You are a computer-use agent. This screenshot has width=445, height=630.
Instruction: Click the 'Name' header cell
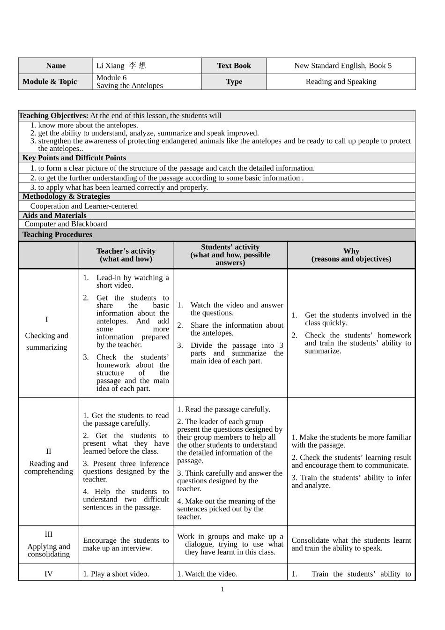(x=56, y=66)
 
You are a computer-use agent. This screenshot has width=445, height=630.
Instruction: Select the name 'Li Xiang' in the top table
(x=111, y=66)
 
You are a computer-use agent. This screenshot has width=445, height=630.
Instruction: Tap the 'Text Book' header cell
(x=234, y=66)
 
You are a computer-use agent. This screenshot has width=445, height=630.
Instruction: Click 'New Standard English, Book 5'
(x=342, y=66)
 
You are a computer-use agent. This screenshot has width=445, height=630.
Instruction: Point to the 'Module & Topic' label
(x=50, y=82)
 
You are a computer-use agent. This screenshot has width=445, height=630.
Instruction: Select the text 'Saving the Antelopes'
(x=130, y=86)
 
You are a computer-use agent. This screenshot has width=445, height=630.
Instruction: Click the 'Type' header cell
(x=234, y=82)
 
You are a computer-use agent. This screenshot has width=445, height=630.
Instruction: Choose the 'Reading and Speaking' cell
(x=341, y=82)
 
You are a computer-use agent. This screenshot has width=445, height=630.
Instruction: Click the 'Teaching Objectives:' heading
(x=53, y=116)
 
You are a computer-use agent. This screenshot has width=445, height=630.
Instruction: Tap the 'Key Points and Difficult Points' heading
(x=74, y=158)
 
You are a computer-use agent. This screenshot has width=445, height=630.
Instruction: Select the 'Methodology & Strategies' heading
(x=66, y=196)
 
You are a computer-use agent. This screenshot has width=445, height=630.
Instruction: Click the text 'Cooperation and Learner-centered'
(x=84, y=206)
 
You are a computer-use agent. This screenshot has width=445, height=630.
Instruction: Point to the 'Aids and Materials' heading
(x=54, y=216)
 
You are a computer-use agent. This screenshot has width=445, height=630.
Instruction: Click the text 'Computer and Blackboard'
(x=66, y=224)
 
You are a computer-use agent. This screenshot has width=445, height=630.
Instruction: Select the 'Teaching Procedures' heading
(x=57, y=234)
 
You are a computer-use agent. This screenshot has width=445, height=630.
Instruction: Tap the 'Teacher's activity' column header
(x=126, y=255)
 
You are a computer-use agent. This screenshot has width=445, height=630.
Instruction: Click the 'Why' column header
(x=351, y=255)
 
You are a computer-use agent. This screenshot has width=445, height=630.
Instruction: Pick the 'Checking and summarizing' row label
(x=47, y=341)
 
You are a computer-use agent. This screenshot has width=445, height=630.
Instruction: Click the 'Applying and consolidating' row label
(x=49, y=550)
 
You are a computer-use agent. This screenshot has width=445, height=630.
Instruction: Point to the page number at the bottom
(x=222, y=589)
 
